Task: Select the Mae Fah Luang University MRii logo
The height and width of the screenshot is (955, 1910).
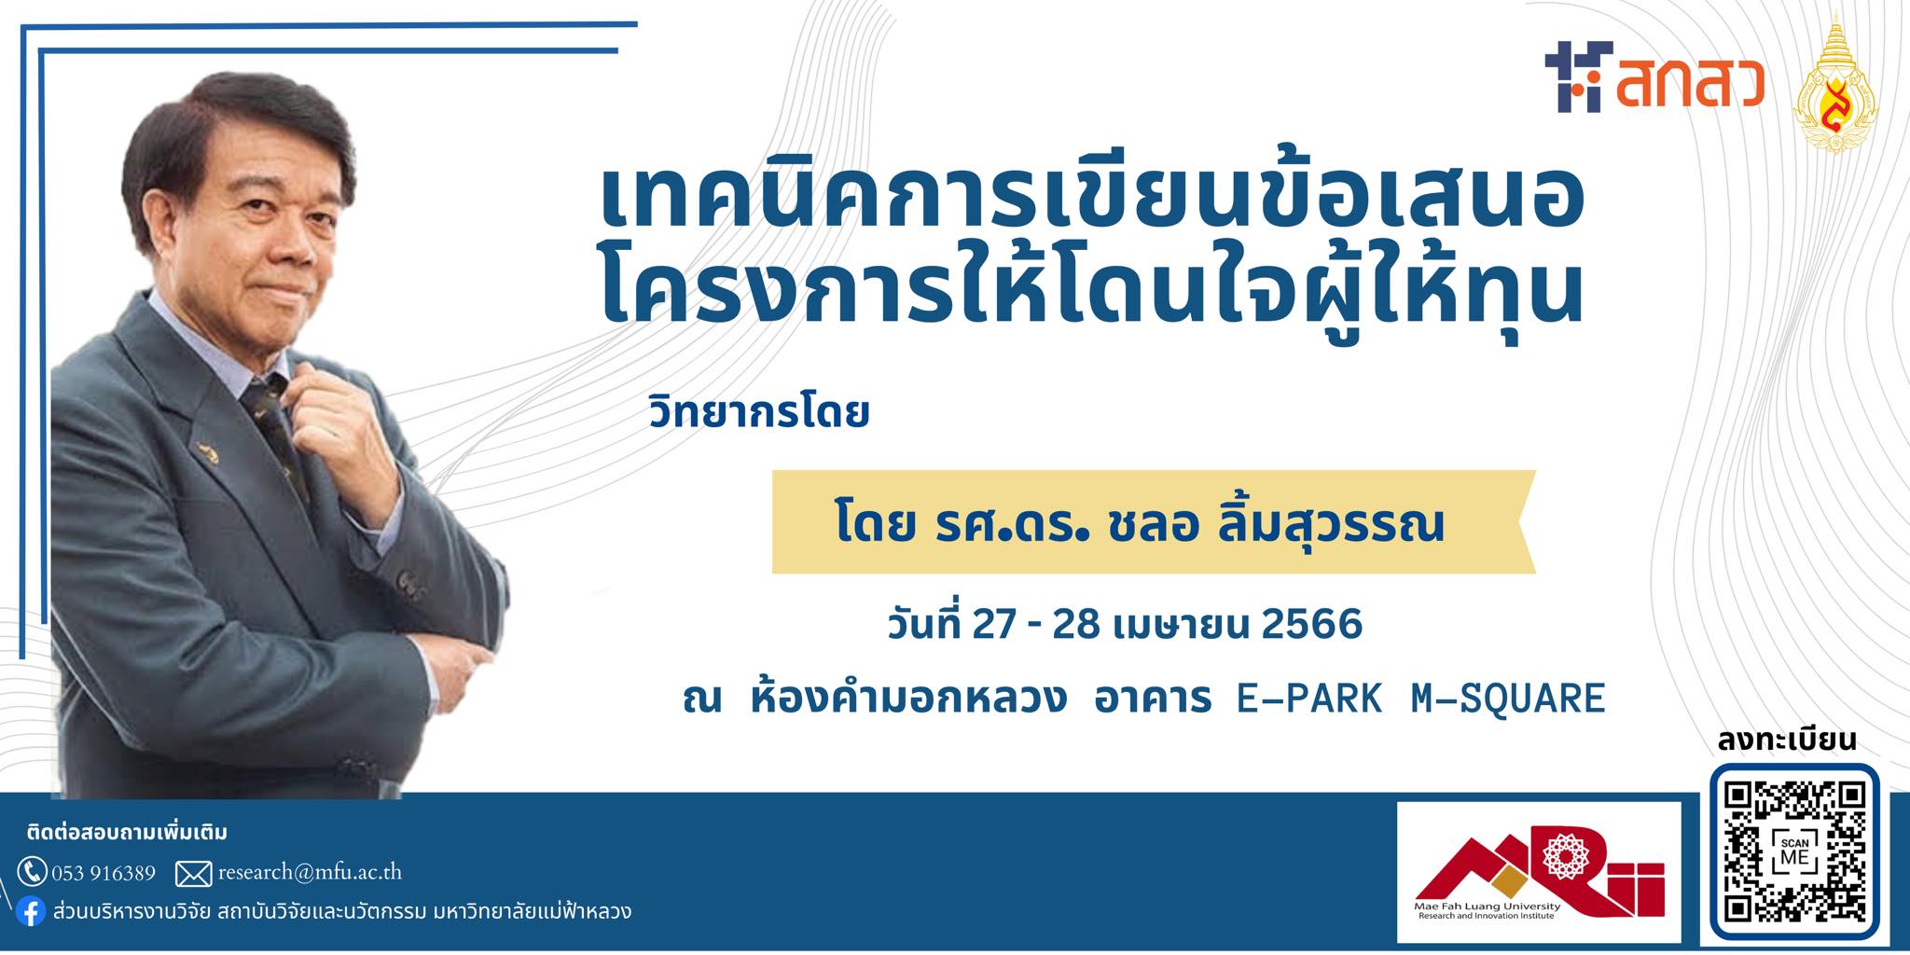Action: point(1539,873)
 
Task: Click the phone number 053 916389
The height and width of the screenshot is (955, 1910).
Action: point(104,873)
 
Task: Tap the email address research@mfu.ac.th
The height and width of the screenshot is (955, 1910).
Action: point(310,873)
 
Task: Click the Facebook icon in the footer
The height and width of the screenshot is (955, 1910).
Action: point(31,912)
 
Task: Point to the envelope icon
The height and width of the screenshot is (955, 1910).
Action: point(193,874)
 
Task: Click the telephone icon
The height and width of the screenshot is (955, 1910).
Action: point(32,872)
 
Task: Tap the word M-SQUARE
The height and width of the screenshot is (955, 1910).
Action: point(1508,698)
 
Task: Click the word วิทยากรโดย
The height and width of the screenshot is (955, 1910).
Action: point(759,413)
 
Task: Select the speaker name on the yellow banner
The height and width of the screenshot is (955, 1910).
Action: point(1140,524)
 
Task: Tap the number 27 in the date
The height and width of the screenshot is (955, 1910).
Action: point(993,624)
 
